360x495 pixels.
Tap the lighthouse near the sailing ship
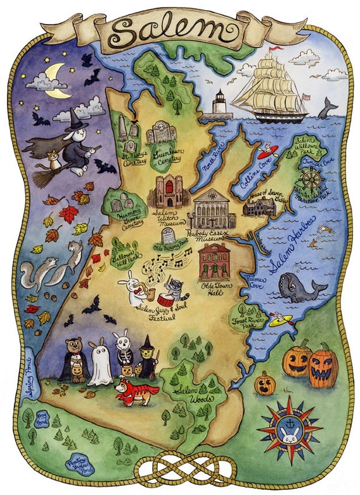(219, 104)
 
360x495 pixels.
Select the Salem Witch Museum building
(168, 191)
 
